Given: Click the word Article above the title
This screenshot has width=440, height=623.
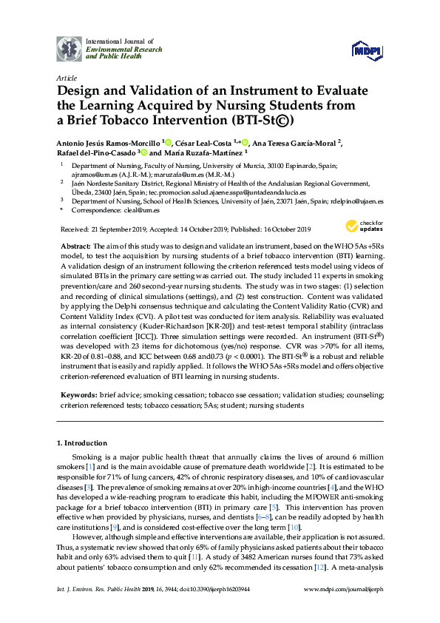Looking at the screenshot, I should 65,78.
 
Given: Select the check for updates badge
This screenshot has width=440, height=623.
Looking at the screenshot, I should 362,225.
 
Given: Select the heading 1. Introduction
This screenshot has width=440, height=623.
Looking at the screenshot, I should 84,442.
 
